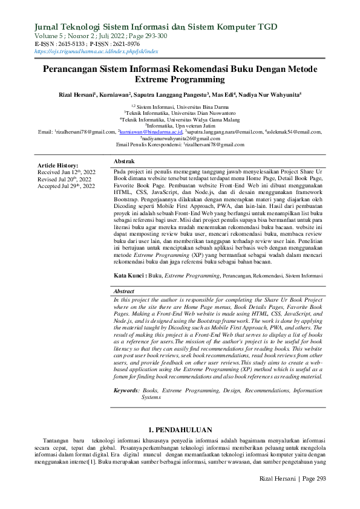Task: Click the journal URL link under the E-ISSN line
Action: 97,51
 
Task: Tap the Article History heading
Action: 58,165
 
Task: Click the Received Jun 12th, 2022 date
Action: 66,172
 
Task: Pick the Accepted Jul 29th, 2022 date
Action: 67,186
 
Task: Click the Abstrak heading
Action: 125,162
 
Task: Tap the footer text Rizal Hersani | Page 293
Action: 292,495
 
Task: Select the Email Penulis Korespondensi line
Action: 180,145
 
